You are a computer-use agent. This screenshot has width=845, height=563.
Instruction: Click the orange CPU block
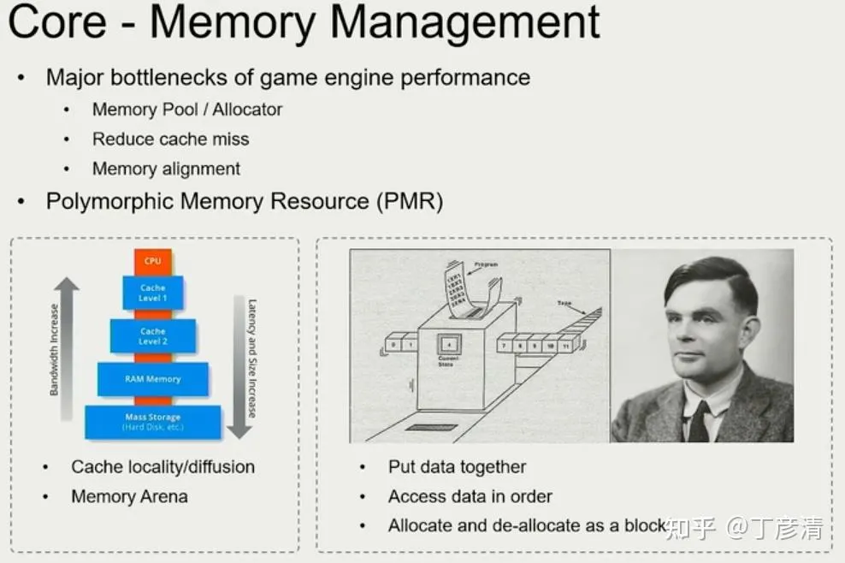click(x=152, y=261)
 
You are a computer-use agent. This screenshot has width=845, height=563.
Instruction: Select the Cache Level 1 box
click(x=153, y=293)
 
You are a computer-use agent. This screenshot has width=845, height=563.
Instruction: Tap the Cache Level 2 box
click(x=153, y=336)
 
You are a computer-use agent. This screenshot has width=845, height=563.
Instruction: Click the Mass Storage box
click(x=152, y=421)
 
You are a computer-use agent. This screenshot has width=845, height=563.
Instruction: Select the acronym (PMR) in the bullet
click(x=410, y=202)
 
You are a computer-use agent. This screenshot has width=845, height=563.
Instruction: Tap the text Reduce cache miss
click(x=170, y=139)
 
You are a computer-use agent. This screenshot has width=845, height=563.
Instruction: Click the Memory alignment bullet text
click(x=166, y=169)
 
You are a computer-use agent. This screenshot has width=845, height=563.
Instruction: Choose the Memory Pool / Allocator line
click(x=186, y=110)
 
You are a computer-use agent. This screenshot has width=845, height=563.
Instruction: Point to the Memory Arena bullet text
click(x=129, y=496)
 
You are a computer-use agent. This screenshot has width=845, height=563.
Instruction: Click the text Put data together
click(x=457, y=467)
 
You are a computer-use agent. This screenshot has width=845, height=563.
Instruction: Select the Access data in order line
click(x=470, y=496)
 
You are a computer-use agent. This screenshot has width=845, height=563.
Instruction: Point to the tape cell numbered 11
click(x=565, y=346)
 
